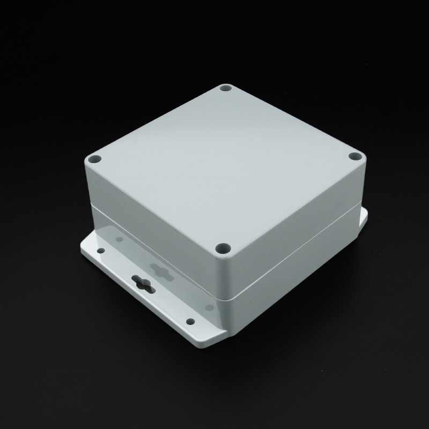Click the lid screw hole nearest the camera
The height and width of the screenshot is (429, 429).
pos(221,248)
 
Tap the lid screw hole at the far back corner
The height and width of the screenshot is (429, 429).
pos(226,89)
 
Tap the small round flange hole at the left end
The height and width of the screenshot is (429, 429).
pos(101,250)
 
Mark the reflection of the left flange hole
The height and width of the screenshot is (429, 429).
pos(115,236)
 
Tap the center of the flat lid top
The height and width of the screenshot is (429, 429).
pos(224,161)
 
